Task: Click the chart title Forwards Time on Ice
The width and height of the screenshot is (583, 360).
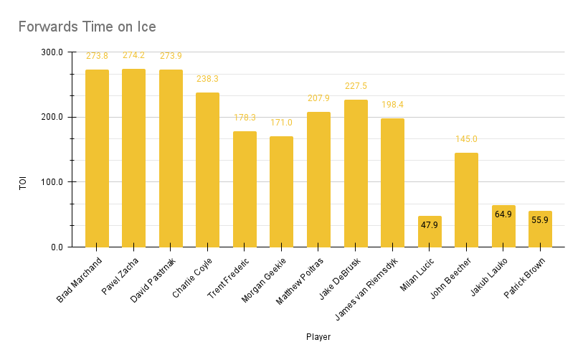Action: [x=87, y=27]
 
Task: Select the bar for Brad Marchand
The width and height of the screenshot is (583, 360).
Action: [x=97, y=158]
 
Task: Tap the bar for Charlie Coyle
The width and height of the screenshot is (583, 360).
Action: [x=207, y=169]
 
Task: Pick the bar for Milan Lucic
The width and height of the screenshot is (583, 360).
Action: [x=430, y=231]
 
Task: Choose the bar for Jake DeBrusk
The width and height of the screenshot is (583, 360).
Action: [x=356, y=173]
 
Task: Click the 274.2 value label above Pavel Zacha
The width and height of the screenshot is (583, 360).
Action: [x=133, y=55]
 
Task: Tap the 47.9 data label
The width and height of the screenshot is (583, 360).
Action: [x=430, y=225]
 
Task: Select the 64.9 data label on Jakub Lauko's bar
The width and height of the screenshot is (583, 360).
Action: [x=503, y=214]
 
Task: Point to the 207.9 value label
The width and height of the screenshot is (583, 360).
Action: [x=318, y=98]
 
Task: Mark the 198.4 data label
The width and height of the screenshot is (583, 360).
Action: [x=392, y=105]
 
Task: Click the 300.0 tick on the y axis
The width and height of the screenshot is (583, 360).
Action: [x=52, y=52]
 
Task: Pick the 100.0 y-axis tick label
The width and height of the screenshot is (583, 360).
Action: [x=52, y=182]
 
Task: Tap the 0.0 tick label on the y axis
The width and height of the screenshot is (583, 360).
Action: [x=56, y=247]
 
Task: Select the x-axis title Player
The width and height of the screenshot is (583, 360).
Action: [x=318, y=336]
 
